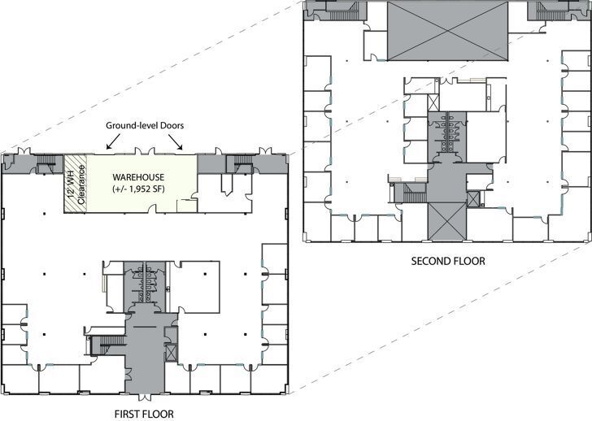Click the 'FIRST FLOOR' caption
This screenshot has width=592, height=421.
tap(145, 414)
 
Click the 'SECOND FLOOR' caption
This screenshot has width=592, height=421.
tap(447, 262)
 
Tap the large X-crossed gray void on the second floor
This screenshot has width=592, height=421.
tap(446, 31)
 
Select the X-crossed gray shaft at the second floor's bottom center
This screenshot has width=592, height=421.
tap(446, 220)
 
